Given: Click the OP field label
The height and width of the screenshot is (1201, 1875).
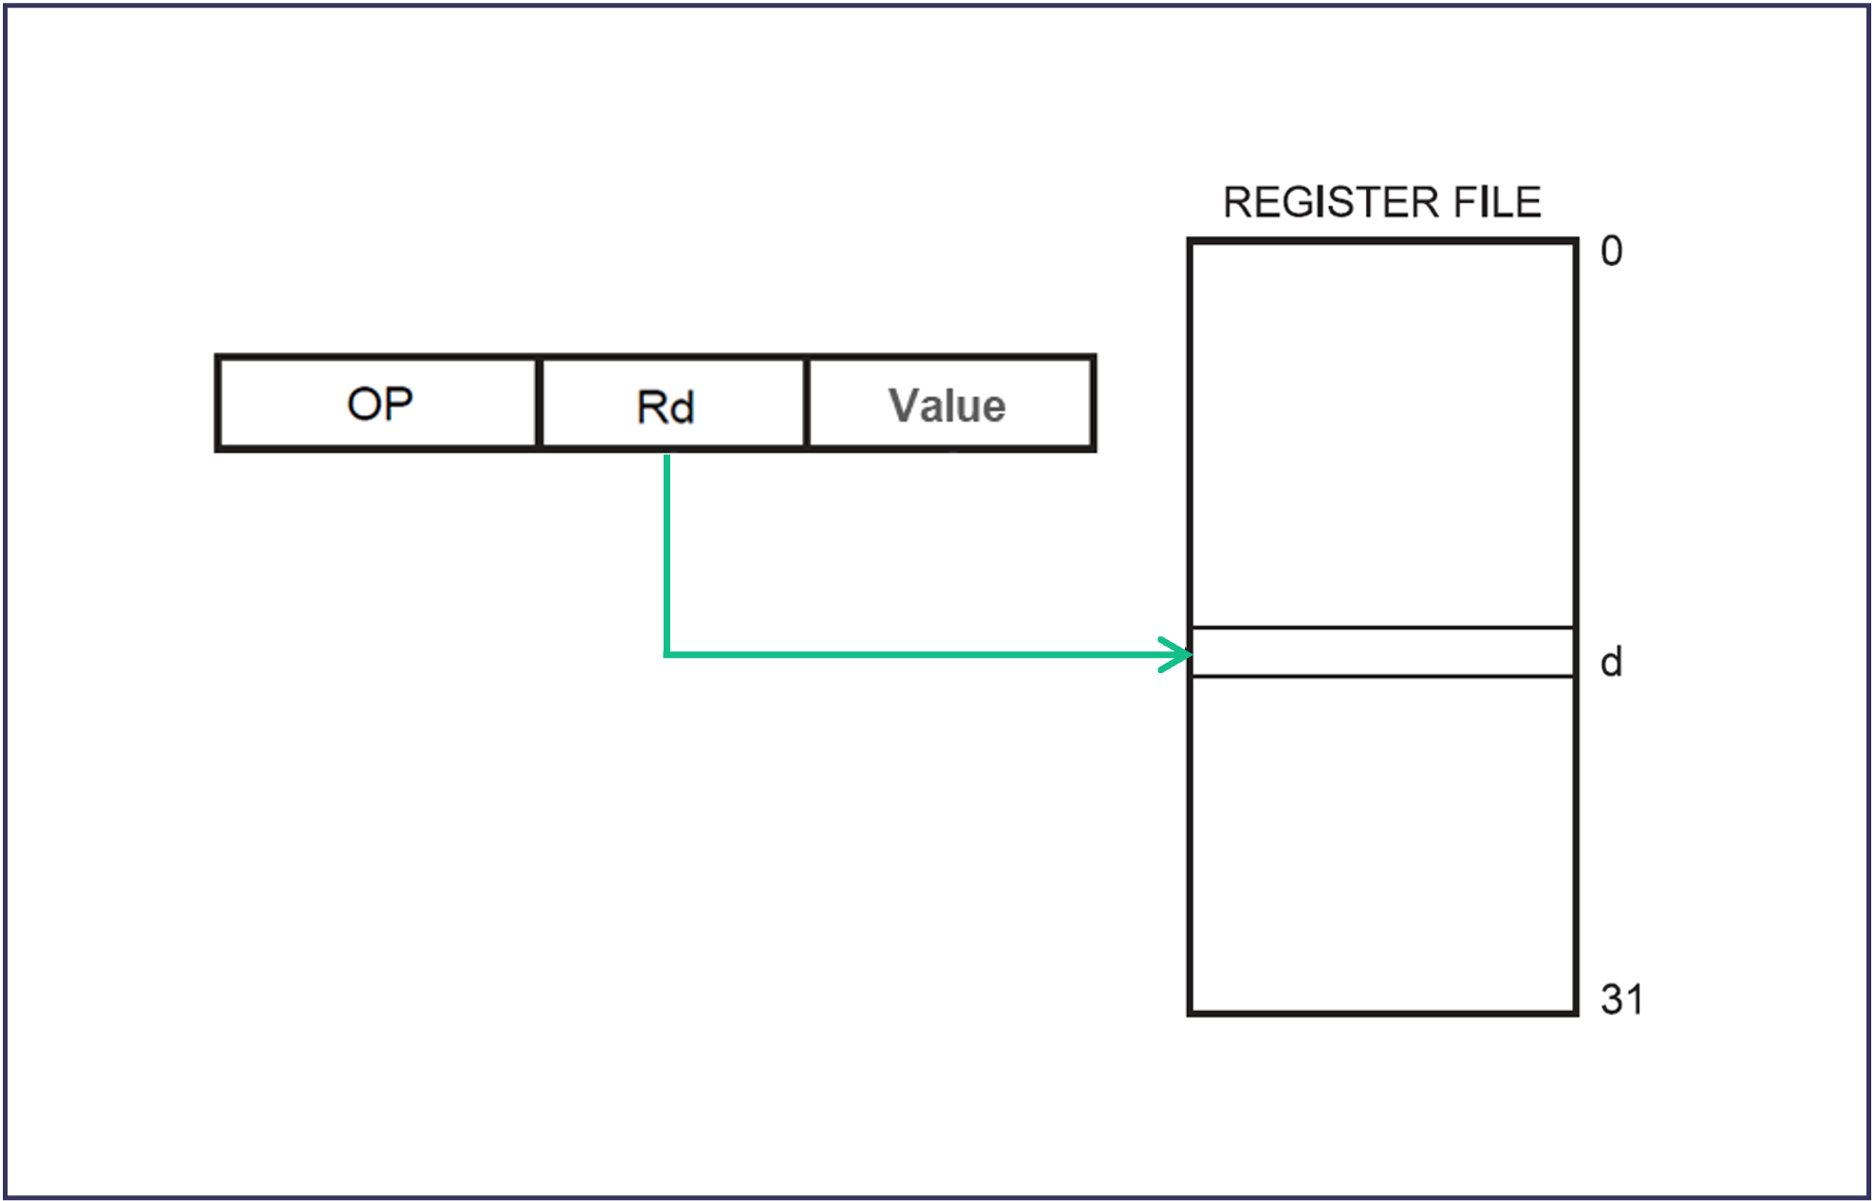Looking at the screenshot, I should coord(380,404).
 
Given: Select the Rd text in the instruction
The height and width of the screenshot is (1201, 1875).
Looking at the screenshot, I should coord(666,407).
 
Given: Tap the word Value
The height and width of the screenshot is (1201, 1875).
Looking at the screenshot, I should coord(947,406).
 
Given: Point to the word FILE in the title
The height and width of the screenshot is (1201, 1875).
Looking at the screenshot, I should coord(1496,202).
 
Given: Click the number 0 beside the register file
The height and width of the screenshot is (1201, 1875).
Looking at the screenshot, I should coord(1611,252).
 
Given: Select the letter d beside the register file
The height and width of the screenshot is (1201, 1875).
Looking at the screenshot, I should coord(1611,662).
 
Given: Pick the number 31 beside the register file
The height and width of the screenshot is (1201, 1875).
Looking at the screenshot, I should coord(1622,999).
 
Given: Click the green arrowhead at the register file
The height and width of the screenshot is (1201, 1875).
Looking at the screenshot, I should coord(1180,654).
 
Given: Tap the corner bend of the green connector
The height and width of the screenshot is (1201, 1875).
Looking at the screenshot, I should coord(667,654).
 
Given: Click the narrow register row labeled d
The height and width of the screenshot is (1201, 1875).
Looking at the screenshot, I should coord(1382,652).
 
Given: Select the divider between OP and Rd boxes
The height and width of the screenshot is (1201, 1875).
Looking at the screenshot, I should coord(538,403).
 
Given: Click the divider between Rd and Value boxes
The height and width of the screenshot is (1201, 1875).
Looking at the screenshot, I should coord(806,403).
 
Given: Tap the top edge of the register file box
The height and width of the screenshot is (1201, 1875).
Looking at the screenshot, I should coord(1382,242).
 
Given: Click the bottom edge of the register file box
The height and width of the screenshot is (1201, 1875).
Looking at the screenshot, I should coord(1382,1013).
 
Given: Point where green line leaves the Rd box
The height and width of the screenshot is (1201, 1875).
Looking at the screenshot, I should coord(667,458).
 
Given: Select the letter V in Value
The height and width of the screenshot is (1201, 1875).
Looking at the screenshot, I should coord(904,405).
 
